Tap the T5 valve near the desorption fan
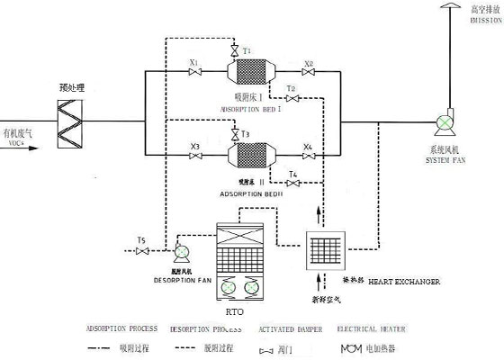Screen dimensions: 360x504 pyautogui.click(x=140, y=252)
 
